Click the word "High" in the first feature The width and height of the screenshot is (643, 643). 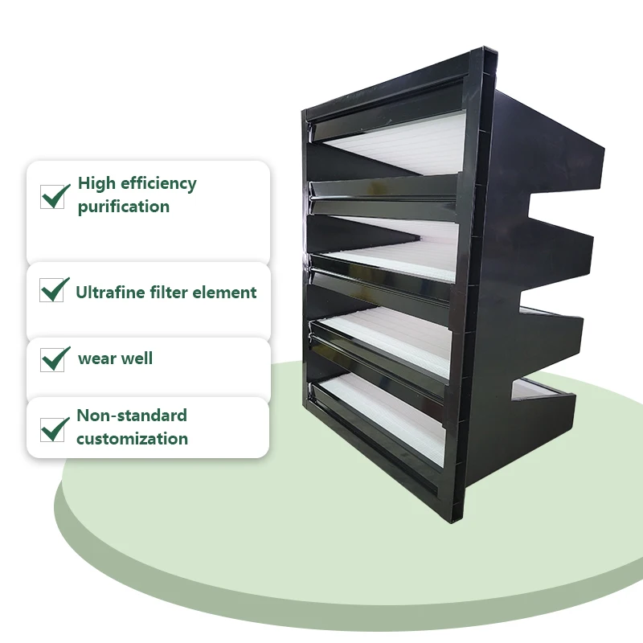96,183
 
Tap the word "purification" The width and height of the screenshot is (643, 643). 123,207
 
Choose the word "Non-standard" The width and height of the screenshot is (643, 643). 132,416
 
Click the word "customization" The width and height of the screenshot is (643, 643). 132,439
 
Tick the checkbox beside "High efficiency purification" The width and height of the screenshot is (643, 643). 53,196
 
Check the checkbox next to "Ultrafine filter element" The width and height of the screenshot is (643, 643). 53,290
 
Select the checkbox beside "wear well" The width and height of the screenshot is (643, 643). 53,358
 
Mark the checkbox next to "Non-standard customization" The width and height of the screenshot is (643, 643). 53,429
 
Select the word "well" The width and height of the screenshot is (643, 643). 137,358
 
